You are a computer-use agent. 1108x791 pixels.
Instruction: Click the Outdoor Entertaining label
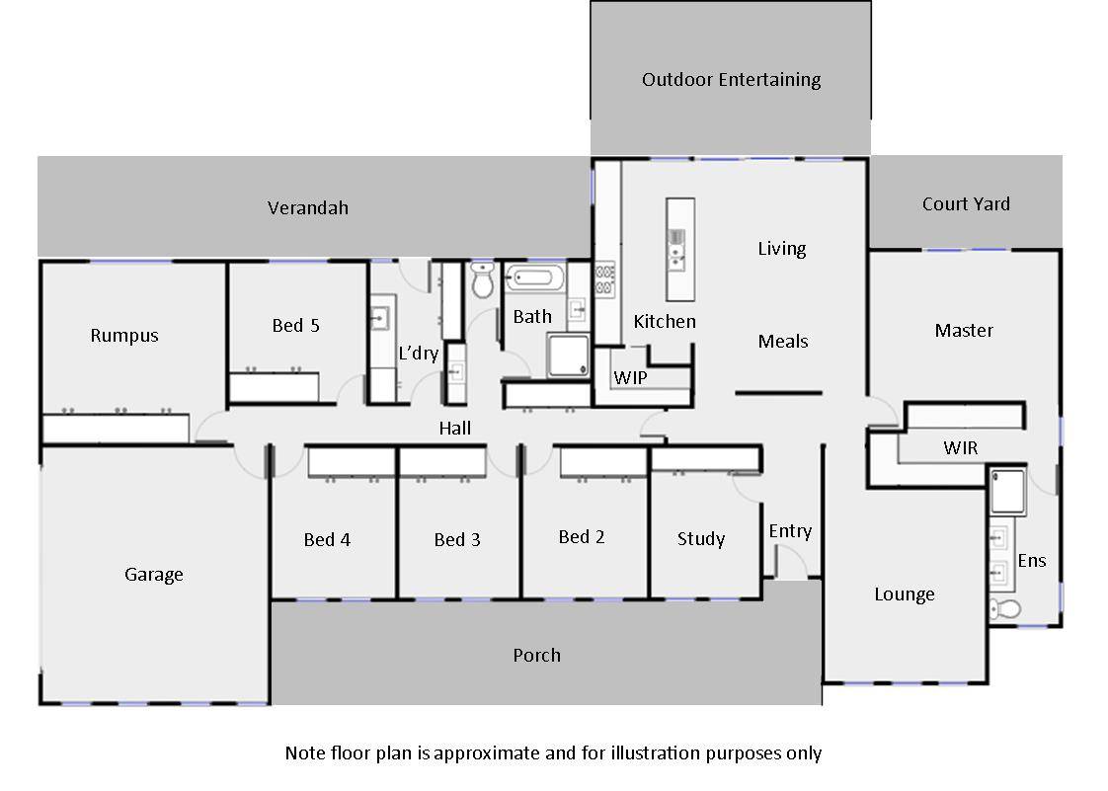pyautogui.click(x=731, y=80)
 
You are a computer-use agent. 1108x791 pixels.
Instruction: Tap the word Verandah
pyautogui.click(x=308, y=208)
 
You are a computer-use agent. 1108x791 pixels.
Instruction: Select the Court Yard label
pyautogui.click(x=966, y=204)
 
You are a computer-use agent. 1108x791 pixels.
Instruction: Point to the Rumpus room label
pyautogui.click(x=124, y=336)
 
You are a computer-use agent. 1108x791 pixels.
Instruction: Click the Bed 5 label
pyautogui.click(x=296, y=326)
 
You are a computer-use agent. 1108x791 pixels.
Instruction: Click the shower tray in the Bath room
pyautogui.click(x=568, y=356)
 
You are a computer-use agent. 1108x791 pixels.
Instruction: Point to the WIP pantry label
pyautogui.click(x=630, y=378)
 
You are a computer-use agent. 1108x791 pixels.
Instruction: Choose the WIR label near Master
pyautogui.click(x=960, y=448)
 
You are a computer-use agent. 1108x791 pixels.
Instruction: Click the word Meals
pyautogui.click(x=783, y=342)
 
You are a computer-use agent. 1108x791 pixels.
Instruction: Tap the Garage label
pyautogui.click(x=154, y=575)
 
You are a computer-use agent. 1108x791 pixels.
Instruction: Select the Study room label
pyautogui.click(x=701, y=539)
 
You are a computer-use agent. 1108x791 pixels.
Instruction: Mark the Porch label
pyautogui.click(x=537, y=656)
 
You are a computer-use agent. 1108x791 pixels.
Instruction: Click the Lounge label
pyautogui.click(x=905, y=594)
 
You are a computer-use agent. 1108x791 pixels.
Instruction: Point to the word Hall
pyautogui.click(x=455, y=429)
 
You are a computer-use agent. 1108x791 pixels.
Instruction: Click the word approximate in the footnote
pyautogui.click(x=483, y=753)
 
